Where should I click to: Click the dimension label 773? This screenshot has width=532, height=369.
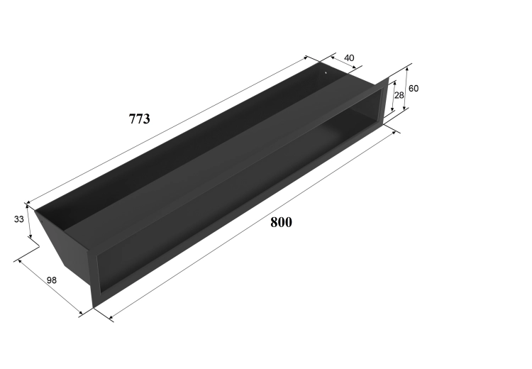pyautogui.click(x=139, y=119)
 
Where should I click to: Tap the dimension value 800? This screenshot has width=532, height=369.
pyautogui.click(x=281, y=222)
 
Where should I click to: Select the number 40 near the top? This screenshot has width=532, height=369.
pyautogui.click(x=349, y=58)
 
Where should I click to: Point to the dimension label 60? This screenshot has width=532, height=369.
pyautogui.click(x=414, y=89)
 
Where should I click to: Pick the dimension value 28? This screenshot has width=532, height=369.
pyautogui.click(x=399, y=95)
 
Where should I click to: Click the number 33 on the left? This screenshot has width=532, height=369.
pyautogui.click(x=19, y=219)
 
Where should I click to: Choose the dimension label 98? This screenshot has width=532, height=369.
pyautogui.click(x=52, y=280)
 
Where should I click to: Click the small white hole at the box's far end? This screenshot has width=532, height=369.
pyautogui.click(x=326, y=72)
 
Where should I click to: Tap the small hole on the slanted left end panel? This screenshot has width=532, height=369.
pyautogui.click(x=42, y=219)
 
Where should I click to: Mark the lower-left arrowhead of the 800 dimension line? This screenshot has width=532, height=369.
pyautogui.click(x=111, y=318)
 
